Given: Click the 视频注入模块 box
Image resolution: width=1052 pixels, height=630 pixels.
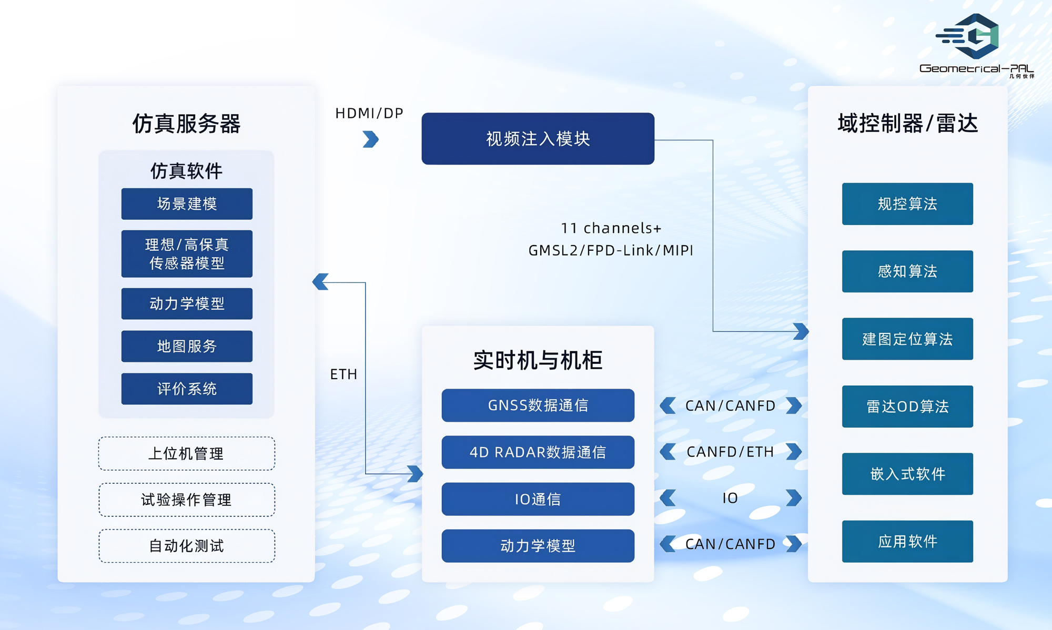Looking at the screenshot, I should (x=538, y=139).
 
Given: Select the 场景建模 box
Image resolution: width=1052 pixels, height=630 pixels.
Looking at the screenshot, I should (x=187, y=204).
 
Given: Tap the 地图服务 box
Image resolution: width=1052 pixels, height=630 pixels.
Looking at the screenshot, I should (x=187, y=346).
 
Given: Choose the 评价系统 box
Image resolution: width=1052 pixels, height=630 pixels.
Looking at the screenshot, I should (x=187, y=389).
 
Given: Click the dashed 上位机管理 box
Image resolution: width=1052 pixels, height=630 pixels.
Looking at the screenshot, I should (x=187, y=453).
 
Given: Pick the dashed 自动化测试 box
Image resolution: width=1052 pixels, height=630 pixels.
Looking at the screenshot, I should (x=187, y=546).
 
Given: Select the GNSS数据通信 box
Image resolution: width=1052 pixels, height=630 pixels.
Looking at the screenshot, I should (x=538, y=405).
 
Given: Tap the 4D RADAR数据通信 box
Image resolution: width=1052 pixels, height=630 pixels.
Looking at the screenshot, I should (x=538, y=452).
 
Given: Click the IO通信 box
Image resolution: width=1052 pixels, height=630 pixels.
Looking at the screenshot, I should (x=538, y=499).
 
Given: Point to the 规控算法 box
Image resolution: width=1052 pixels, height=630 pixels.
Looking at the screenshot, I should (x=907, y=204).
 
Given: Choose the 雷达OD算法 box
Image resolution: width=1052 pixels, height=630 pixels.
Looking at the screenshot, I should (x=907, y=407).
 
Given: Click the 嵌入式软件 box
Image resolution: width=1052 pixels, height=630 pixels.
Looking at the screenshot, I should (x=907, y=474).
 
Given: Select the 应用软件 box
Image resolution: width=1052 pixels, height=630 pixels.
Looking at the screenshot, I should (x=907, y=542).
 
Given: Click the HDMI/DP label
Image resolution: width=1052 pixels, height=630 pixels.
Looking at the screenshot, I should (x=369, y=114).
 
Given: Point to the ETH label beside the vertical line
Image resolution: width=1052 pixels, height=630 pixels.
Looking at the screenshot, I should (x=343, y=374).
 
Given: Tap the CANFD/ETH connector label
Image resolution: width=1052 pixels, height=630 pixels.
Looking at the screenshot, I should (x=730, y=452).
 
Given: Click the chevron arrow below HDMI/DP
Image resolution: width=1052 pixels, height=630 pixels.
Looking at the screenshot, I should (x=371, y=139).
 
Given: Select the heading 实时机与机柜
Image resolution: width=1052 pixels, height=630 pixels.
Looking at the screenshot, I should (x=538, y=361).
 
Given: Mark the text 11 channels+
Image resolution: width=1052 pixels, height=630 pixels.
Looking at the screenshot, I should (x=611, y=228).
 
